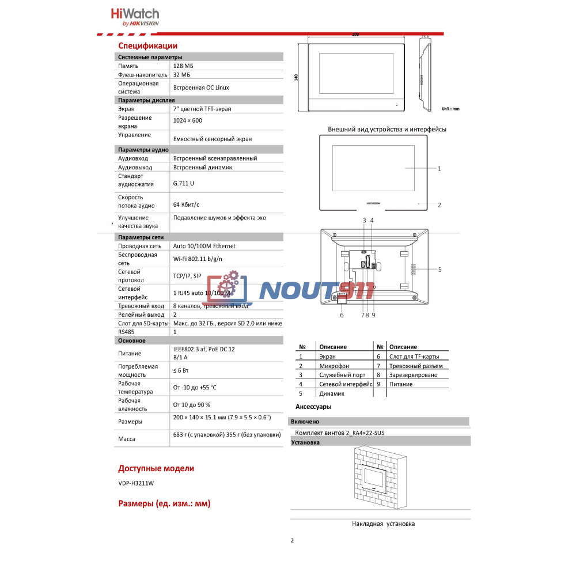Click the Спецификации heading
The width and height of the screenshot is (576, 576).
[x=147, y=46]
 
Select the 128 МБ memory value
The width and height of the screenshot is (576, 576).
[x=183, y=66]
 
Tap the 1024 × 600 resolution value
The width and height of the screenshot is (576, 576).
[x=188, y=121]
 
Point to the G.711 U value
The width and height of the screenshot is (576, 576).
[x=184, y=183]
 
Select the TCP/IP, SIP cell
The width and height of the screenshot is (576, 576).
[x=187, y=276]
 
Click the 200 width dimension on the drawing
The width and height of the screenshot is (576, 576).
[x=355, y=35]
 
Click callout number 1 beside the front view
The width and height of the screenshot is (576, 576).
[x=439, y=169]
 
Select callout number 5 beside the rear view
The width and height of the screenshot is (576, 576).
[x=439, y=269]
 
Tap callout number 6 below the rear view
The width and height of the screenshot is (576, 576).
[x=342, y=315]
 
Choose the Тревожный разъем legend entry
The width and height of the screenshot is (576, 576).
[x=416, y=366]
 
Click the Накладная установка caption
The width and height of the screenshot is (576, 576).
[x=383, y=524]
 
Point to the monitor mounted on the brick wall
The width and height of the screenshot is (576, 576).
[x=377, y=479]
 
